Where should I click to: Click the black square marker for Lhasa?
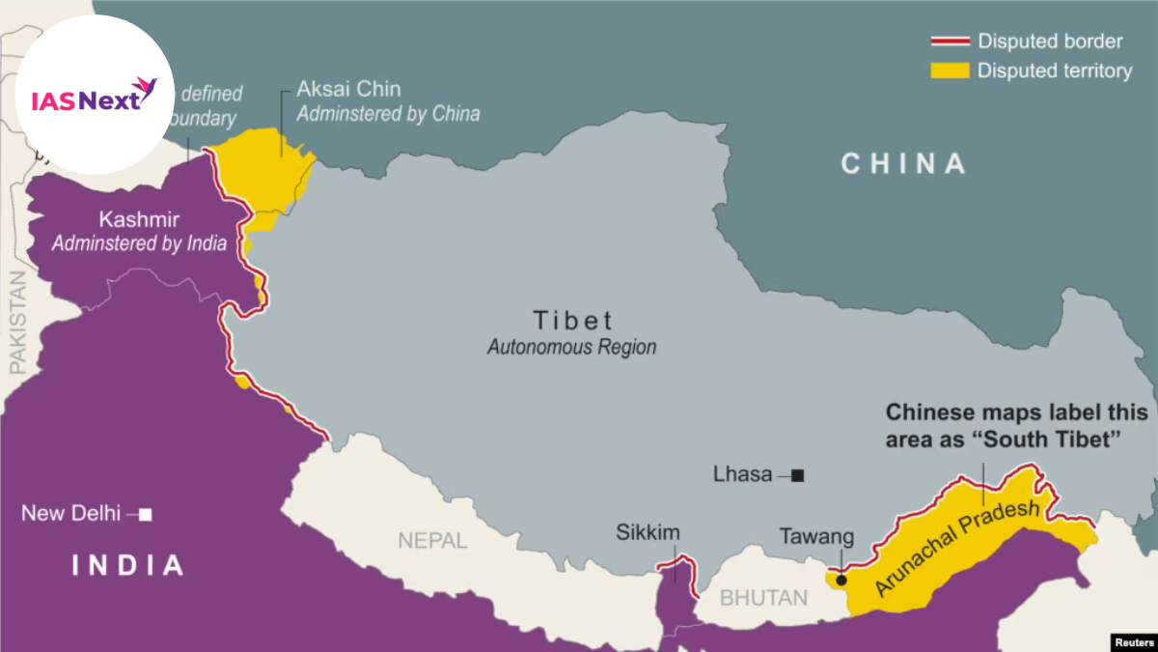797,475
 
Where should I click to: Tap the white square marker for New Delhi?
145,515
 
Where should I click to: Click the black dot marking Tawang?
841,581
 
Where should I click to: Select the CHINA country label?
903,163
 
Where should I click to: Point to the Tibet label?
572,321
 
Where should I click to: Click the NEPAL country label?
432,540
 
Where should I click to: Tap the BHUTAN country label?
764,598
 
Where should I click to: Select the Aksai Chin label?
335,90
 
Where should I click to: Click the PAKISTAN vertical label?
17,323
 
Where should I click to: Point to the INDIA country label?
128,565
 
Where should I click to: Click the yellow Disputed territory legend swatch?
950,71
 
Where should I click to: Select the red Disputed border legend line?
950,43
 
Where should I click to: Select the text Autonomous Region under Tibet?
571,347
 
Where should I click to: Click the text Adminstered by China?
388,114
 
